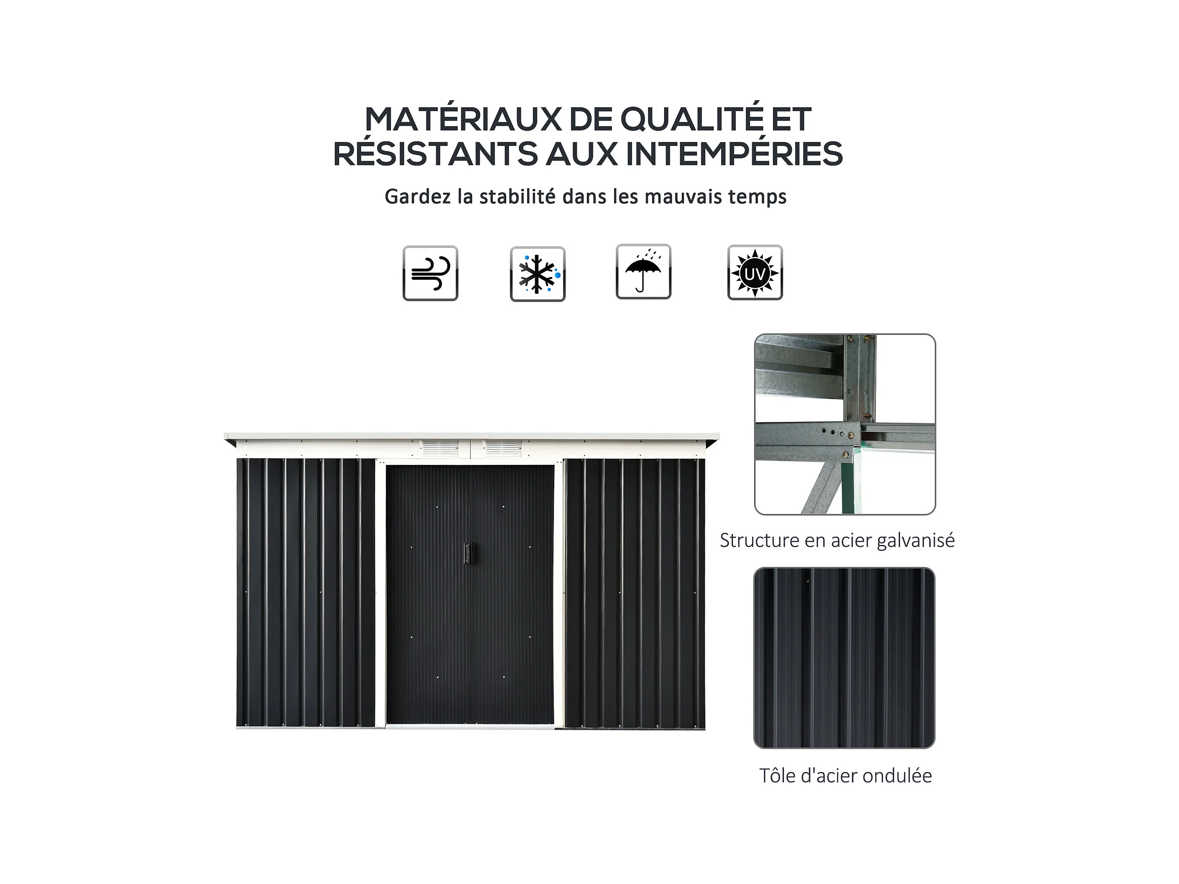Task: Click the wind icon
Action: click(x=430, y=274)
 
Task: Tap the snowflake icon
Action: click(x=537, y=274)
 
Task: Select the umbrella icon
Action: click(x=643, y=272)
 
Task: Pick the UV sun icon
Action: click(x=755, y=272)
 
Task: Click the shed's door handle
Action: click(x=468, y=553)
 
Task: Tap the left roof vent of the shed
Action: click(x=439, y=448)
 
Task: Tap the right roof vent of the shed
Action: click(x=502, y=448)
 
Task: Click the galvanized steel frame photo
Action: click(x=845, y=424)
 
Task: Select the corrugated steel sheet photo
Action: click(x=844, y=658)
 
